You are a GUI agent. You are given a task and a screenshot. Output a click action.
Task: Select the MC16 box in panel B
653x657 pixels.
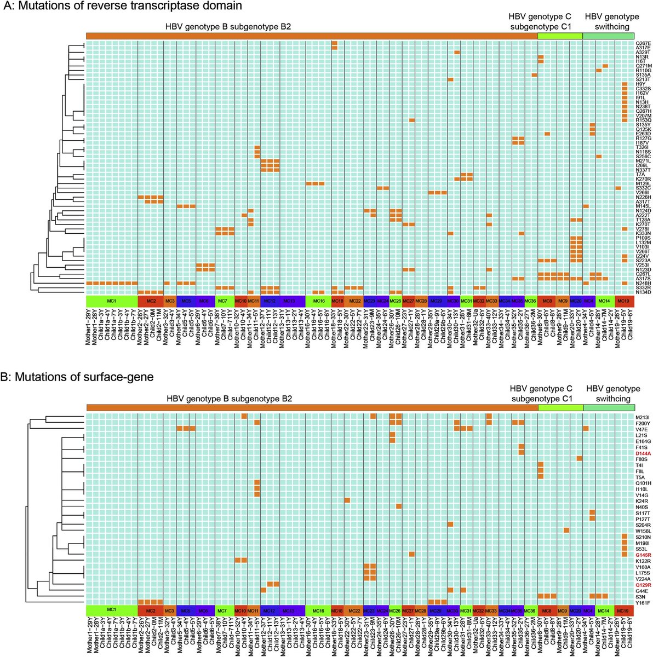tap(318, 609)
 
